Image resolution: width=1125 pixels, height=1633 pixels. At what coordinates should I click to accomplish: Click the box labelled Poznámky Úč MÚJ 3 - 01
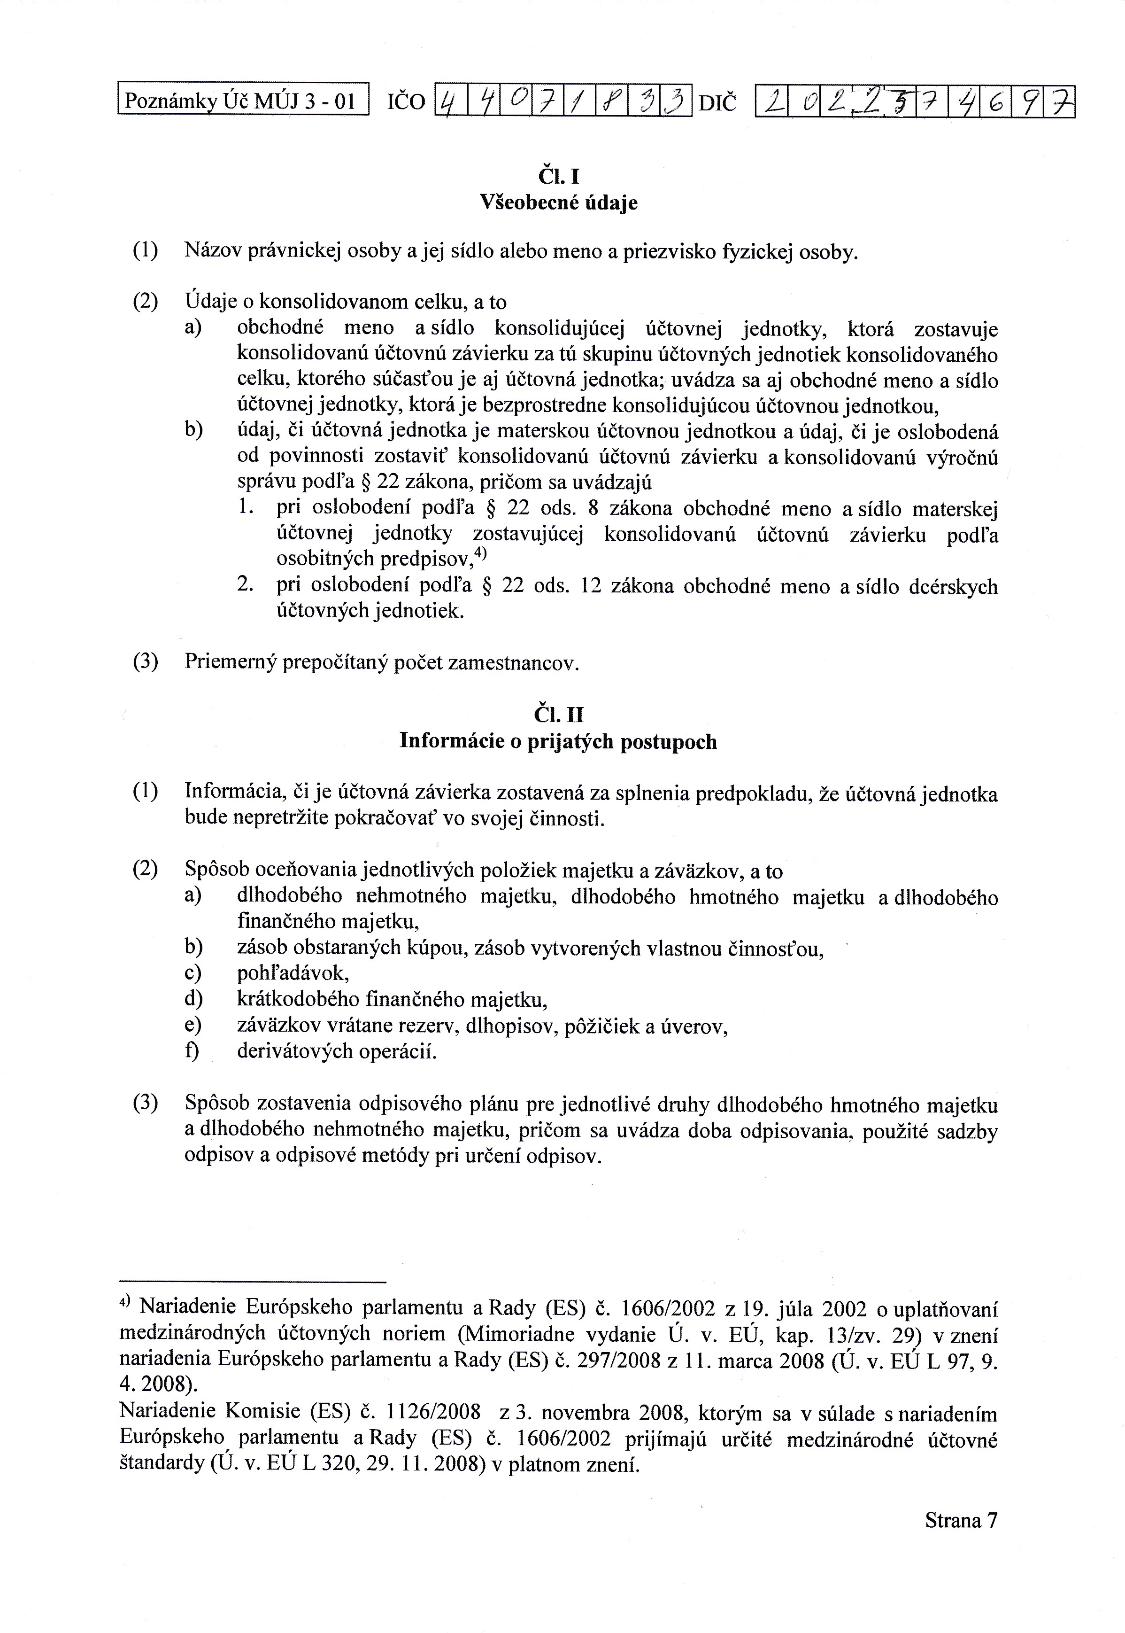(243, 101)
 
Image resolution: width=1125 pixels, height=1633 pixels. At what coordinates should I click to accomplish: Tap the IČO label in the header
(407, 103)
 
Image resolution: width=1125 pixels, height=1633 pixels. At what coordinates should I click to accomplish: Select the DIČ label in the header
(717, 103)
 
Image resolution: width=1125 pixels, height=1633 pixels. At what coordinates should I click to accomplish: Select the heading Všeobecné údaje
(558, 203)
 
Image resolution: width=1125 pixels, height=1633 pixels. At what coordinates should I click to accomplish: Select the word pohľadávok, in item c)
(293, 974)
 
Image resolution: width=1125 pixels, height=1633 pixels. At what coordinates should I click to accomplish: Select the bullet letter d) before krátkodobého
(193, 1000)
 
